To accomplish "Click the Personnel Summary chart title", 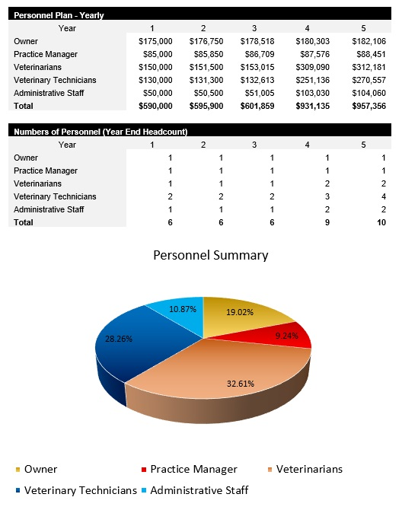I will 211,255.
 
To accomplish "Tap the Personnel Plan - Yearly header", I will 59,15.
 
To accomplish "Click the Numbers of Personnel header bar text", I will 100,132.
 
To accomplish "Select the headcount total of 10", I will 381,222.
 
